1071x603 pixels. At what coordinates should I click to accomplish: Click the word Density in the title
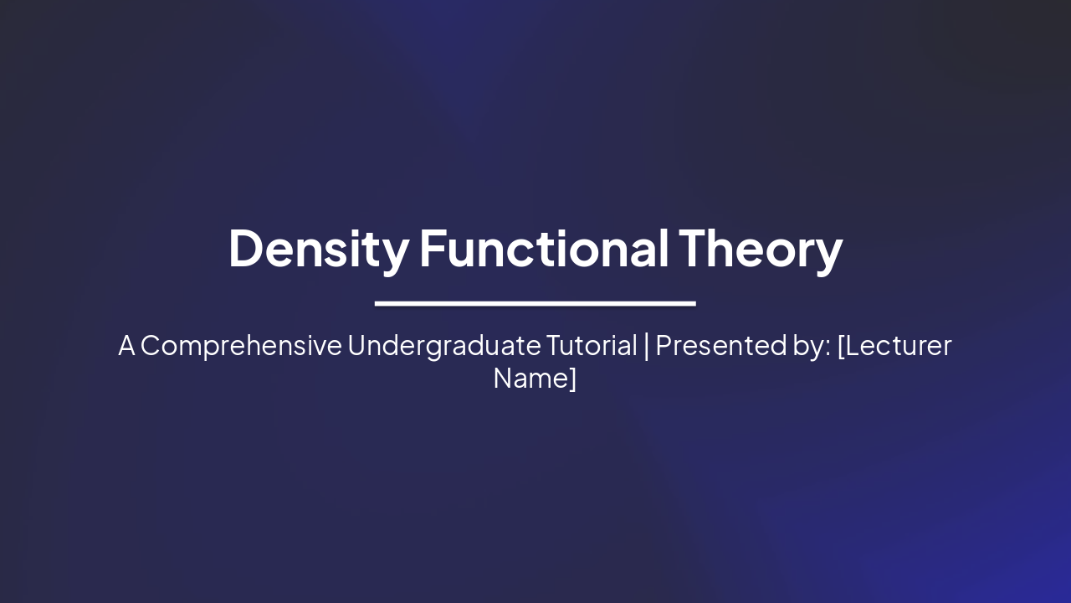(318, 249)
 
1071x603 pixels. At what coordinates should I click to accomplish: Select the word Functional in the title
(544, 249)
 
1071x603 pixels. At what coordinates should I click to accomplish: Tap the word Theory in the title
(760, 249)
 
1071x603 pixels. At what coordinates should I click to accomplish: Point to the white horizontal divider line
(535, 303)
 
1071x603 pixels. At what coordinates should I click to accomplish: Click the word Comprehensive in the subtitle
(241, 346)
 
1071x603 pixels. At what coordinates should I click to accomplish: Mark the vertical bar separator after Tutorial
(646, 346)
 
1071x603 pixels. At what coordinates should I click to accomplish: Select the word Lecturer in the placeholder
(898, 345)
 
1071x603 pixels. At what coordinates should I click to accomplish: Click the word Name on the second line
(530, 378)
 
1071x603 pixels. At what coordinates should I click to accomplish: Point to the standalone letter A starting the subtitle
(126, 345)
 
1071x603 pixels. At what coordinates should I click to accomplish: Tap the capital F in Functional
(432, 249)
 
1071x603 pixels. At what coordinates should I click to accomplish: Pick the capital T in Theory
(694, 249)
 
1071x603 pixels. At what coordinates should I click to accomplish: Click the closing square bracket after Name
(573, 379)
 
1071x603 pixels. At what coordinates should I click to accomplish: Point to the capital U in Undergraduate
(356, 345)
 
